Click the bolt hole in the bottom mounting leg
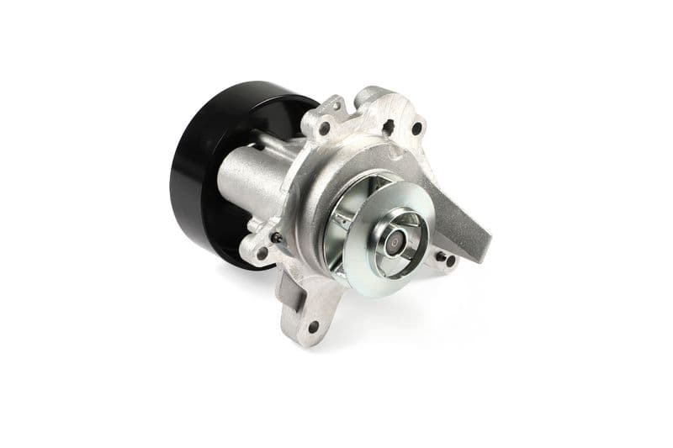tap(313, 326)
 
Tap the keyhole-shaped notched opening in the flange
tap(389, 128)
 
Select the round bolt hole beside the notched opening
tap(416, 129)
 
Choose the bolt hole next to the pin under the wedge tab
tap(450, 261)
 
